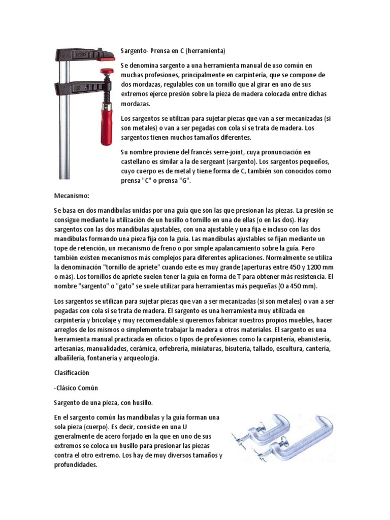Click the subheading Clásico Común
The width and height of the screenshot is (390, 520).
pos(76,387)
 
